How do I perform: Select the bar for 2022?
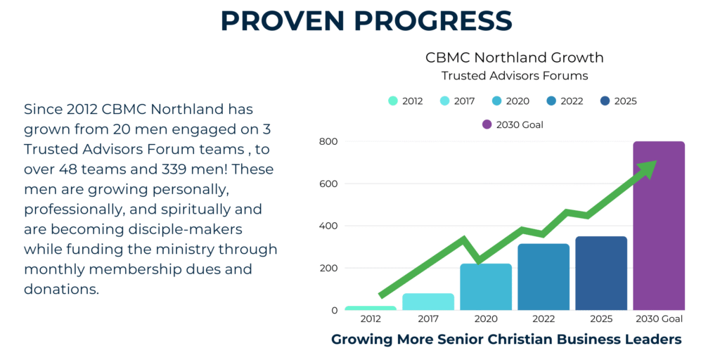(x=544, y=277)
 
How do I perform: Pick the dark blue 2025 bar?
(x=601, y=274)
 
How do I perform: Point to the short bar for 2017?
(x=428, y=302)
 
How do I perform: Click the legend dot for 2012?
(x=393, y=101)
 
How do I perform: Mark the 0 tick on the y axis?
(x=334, y=310)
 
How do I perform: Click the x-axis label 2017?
(x=428, y=319)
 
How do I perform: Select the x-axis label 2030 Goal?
(x=659, y=319)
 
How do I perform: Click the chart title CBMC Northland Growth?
(x=515, y=58)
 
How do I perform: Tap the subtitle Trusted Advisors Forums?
(x=515, y=75)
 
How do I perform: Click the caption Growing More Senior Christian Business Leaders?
(x=506, y=340)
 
